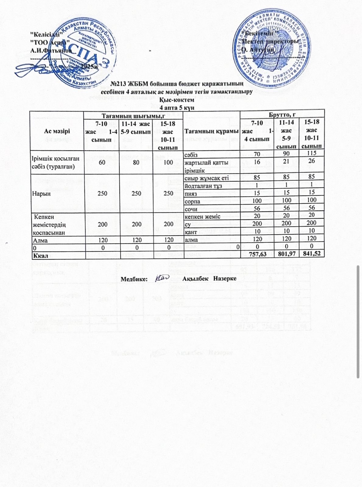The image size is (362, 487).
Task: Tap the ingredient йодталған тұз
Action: pos(202,185)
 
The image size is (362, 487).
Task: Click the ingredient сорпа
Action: pos(192,201)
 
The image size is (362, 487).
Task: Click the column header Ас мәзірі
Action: pos(57,131)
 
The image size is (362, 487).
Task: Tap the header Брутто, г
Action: pos(282,115)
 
